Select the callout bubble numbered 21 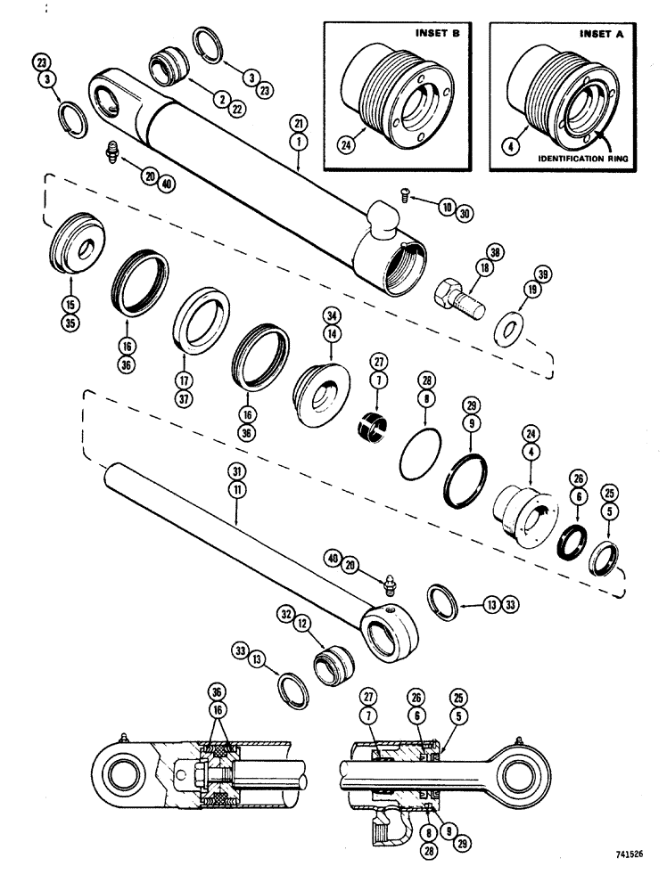(296, 121)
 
